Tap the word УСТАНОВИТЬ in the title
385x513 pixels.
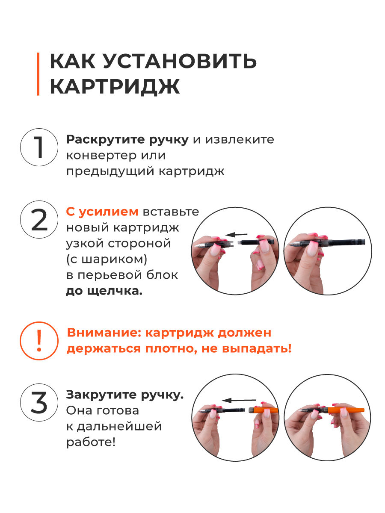(x=180, y=61)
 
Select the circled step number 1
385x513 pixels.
(x=39, y=147)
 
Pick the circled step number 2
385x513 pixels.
(x=39, y=219)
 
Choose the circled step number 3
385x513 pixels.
(x=39, y=402)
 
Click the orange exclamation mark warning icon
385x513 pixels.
(x=39, y=341)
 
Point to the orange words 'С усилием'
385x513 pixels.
(x=102, y=212)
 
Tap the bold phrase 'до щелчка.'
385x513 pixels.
(x=104, y=292)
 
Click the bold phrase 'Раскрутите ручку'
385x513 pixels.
(x=127, y=140)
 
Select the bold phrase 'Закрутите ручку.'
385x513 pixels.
(x=125, y=395)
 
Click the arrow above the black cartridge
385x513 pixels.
(x=236, y=234)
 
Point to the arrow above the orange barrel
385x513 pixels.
(x=239, y=400)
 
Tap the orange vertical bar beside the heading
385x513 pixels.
(x=38, y=74)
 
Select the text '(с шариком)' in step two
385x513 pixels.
(x=107, y=259)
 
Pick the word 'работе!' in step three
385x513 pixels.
(x=91, y=442)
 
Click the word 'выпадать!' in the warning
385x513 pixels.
(x=257, y=349)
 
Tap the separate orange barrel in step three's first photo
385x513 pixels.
(x=263, y=410)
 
